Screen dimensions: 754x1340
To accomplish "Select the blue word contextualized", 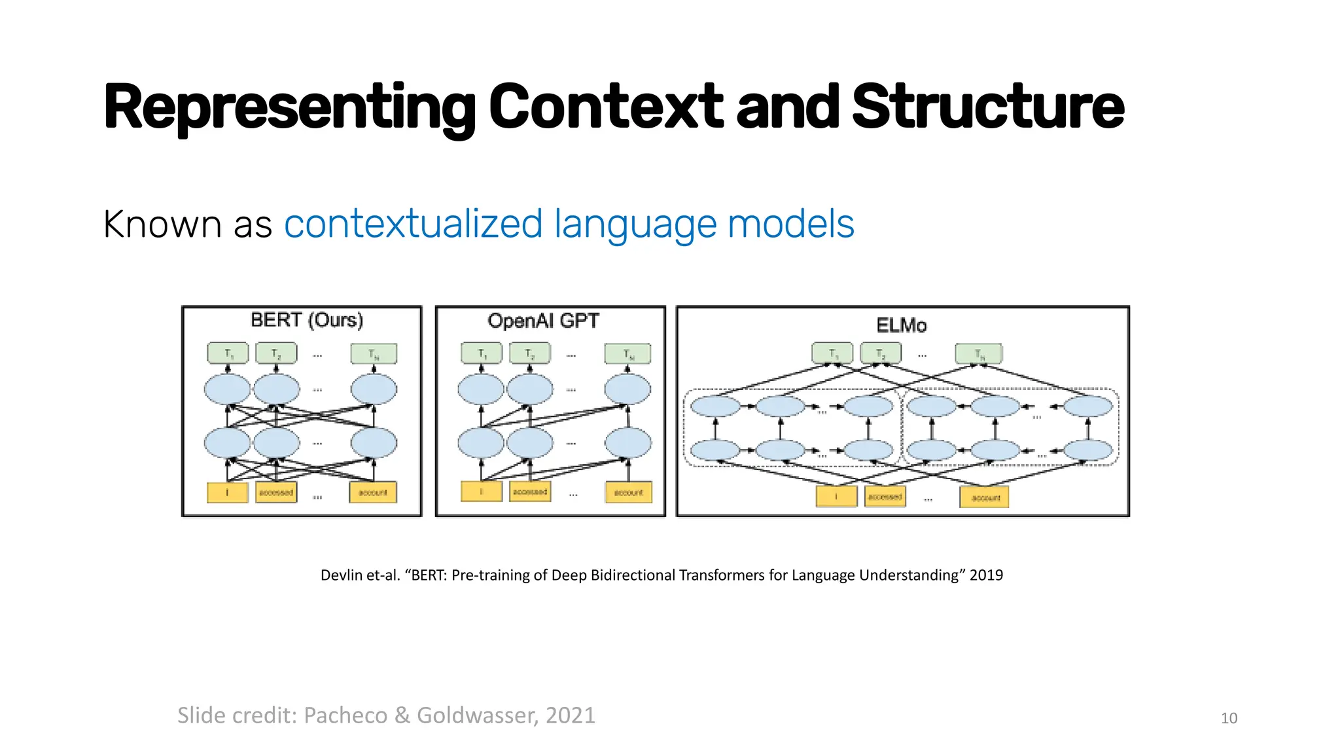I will pyautogui.click(x=414, y=224).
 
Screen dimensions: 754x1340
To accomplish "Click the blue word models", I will pyautogui.click(x=790, y=224).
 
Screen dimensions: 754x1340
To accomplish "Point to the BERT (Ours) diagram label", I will pyautogui.click(x=307, y=320).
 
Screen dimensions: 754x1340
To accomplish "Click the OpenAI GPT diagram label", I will pyautogui.click(x=543, y=321).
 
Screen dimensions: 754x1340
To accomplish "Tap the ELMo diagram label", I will pyautogui.click(x=901, y=325).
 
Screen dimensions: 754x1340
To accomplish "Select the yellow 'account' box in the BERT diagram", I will pyautogui.click(x=373, y=492).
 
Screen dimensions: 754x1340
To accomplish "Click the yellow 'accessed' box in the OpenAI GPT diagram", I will pyautogui.click(x=530, y=492).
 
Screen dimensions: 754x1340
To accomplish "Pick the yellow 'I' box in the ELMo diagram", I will pyautogui.click(x=836, y=497).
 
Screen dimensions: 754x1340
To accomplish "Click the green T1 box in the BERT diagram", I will pyautogui.click(x=228, y=353).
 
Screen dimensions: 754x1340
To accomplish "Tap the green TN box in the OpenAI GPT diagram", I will pyautogui.click(x=627, y=353).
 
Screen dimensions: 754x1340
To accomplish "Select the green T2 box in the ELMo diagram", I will pyautogui.click(x=880, y=353).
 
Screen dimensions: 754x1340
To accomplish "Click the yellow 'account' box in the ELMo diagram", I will pyautogui.click(x=985, y=497).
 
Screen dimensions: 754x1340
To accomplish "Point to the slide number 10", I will pyautogui.click(x=1229, y=718).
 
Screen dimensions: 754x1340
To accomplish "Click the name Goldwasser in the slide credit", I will pyautogui.click(x=477, y=715).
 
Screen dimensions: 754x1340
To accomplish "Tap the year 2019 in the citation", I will pyautogui.click(x=986, y=575).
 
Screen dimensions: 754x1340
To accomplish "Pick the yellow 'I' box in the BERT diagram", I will pyautogui.click(x=228, y=492).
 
